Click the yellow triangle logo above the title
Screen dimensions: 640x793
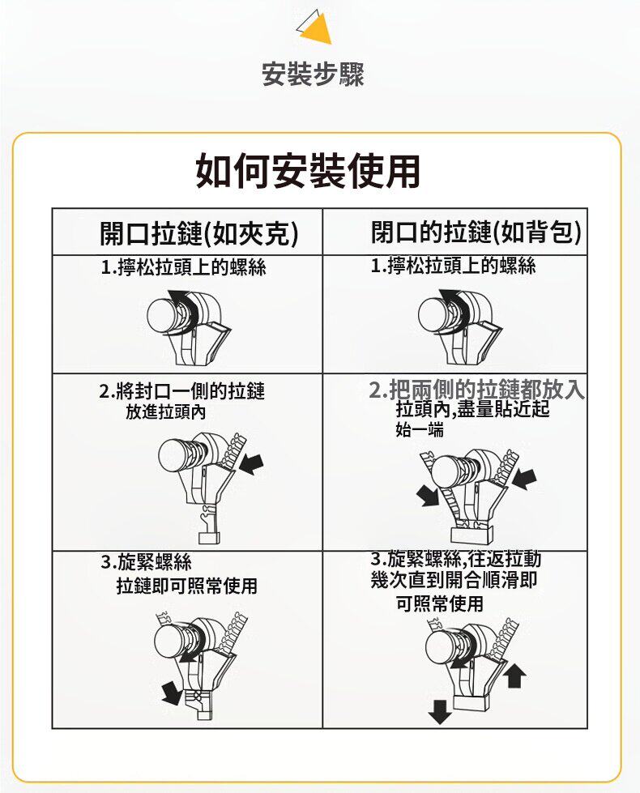coord(316,28)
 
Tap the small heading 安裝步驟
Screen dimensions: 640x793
coord(314,74)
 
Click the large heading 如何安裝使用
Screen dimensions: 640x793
coord(308,171)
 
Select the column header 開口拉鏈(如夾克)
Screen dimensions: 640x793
coord(198,233)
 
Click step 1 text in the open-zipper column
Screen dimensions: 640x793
coord(184,267)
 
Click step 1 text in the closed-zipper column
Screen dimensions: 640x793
coord(454,266)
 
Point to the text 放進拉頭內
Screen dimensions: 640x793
coord(166,412)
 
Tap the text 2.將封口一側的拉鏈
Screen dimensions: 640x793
coord(182,391)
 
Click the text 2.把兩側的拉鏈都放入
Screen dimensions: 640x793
coord(477,390)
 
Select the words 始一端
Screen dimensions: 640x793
coord(420,430)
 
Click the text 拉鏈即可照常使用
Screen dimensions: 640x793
coord(187,586)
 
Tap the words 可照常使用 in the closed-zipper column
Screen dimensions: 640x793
coord(440,603)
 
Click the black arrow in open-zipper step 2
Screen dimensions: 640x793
coord(251,464)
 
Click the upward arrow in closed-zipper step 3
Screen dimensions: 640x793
coord(514,676)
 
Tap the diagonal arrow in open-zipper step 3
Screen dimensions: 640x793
coord(171,693)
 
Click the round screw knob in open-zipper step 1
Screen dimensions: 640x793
coord(163,315)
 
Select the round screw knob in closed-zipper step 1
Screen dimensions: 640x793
coord(434,314)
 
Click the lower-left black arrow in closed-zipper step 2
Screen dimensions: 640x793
coord(428,495)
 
